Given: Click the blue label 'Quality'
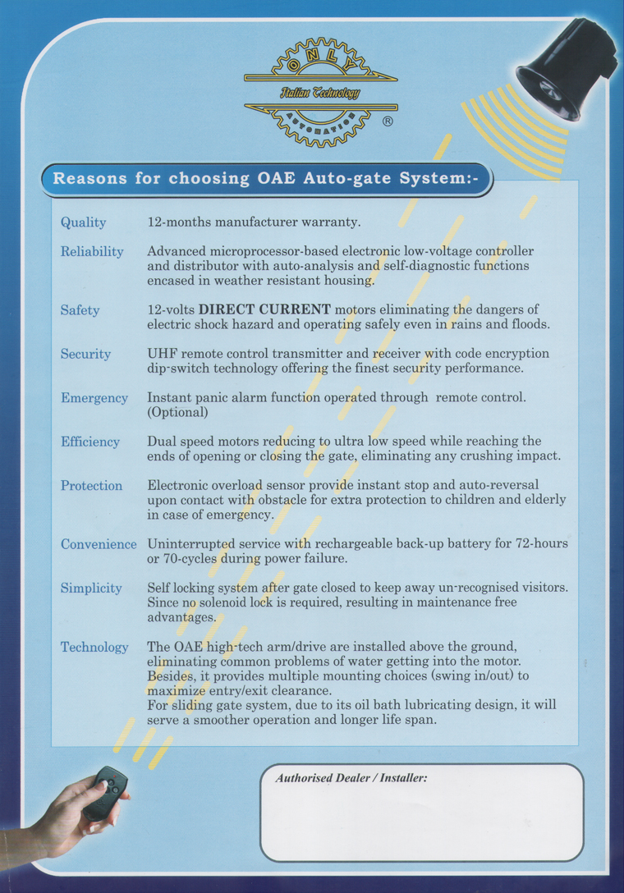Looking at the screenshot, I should [x=83, y=222].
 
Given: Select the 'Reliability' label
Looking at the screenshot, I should [x=92, y=251].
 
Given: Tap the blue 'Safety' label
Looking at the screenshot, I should [x=80, y=310].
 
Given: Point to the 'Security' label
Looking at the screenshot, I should [x=85, y=354].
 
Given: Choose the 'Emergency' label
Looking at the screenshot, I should [x=94, y=398].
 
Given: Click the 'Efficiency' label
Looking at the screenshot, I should [x=90, y=442].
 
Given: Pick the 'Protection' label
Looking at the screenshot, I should [x=91, y=485].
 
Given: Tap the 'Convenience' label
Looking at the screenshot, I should [x=99, y=544].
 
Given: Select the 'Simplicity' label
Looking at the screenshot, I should [x=91, y=588].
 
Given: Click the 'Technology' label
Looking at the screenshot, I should [x=94, y=647].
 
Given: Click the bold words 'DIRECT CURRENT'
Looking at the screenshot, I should [x=264, y=309].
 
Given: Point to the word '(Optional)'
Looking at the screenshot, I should [x=178, y=412].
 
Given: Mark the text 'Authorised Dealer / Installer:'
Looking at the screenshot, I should [x=351, y=777].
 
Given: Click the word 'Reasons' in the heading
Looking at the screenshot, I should [x=88, y=178].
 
